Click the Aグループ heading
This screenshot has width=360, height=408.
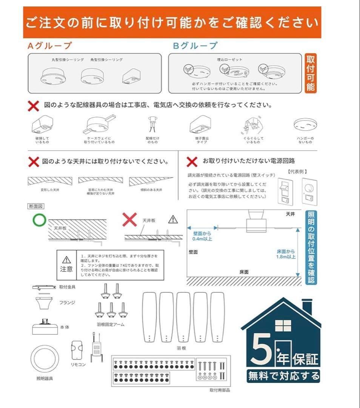(49, 46)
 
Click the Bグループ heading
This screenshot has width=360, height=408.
(195, 46)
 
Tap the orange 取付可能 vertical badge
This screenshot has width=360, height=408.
(311, 73)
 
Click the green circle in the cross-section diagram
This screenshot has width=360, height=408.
(39, 220)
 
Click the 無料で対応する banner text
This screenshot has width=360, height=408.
(283, 376)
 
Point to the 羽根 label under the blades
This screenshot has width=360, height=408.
(181, 348)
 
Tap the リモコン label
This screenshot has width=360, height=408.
(78, 365)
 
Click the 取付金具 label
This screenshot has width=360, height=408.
(67, 287)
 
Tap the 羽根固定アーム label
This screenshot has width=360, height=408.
(111, 324)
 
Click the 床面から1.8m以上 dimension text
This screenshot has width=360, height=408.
(286, 254)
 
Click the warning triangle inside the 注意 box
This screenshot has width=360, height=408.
(66, 260)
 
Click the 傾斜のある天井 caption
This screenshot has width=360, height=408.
(151, 190)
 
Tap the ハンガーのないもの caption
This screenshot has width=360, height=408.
(305, 140)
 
